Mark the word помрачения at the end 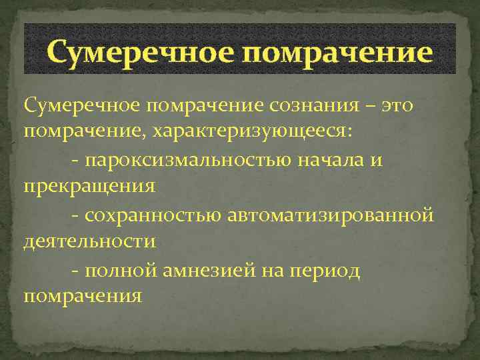click(83, 295)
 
